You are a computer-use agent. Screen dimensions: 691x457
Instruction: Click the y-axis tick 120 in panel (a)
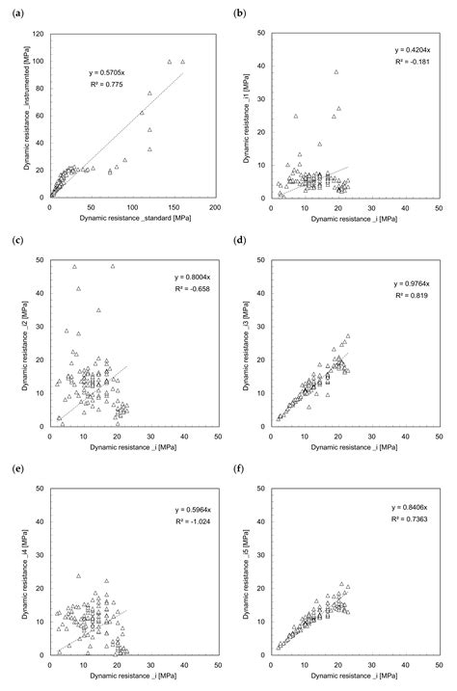click(38, 34)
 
